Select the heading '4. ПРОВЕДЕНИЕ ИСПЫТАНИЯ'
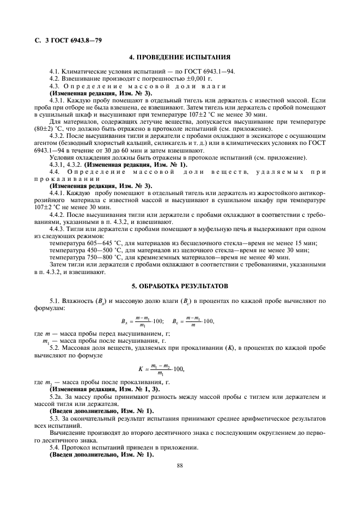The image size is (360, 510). (x=180, y=57)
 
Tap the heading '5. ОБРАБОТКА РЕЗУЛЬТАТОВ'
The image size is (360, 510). (x=180, y=286)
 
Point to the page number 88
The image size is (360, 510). (x=180, y=466)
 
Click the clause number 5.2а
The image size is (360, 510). (x=57, y=398)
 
